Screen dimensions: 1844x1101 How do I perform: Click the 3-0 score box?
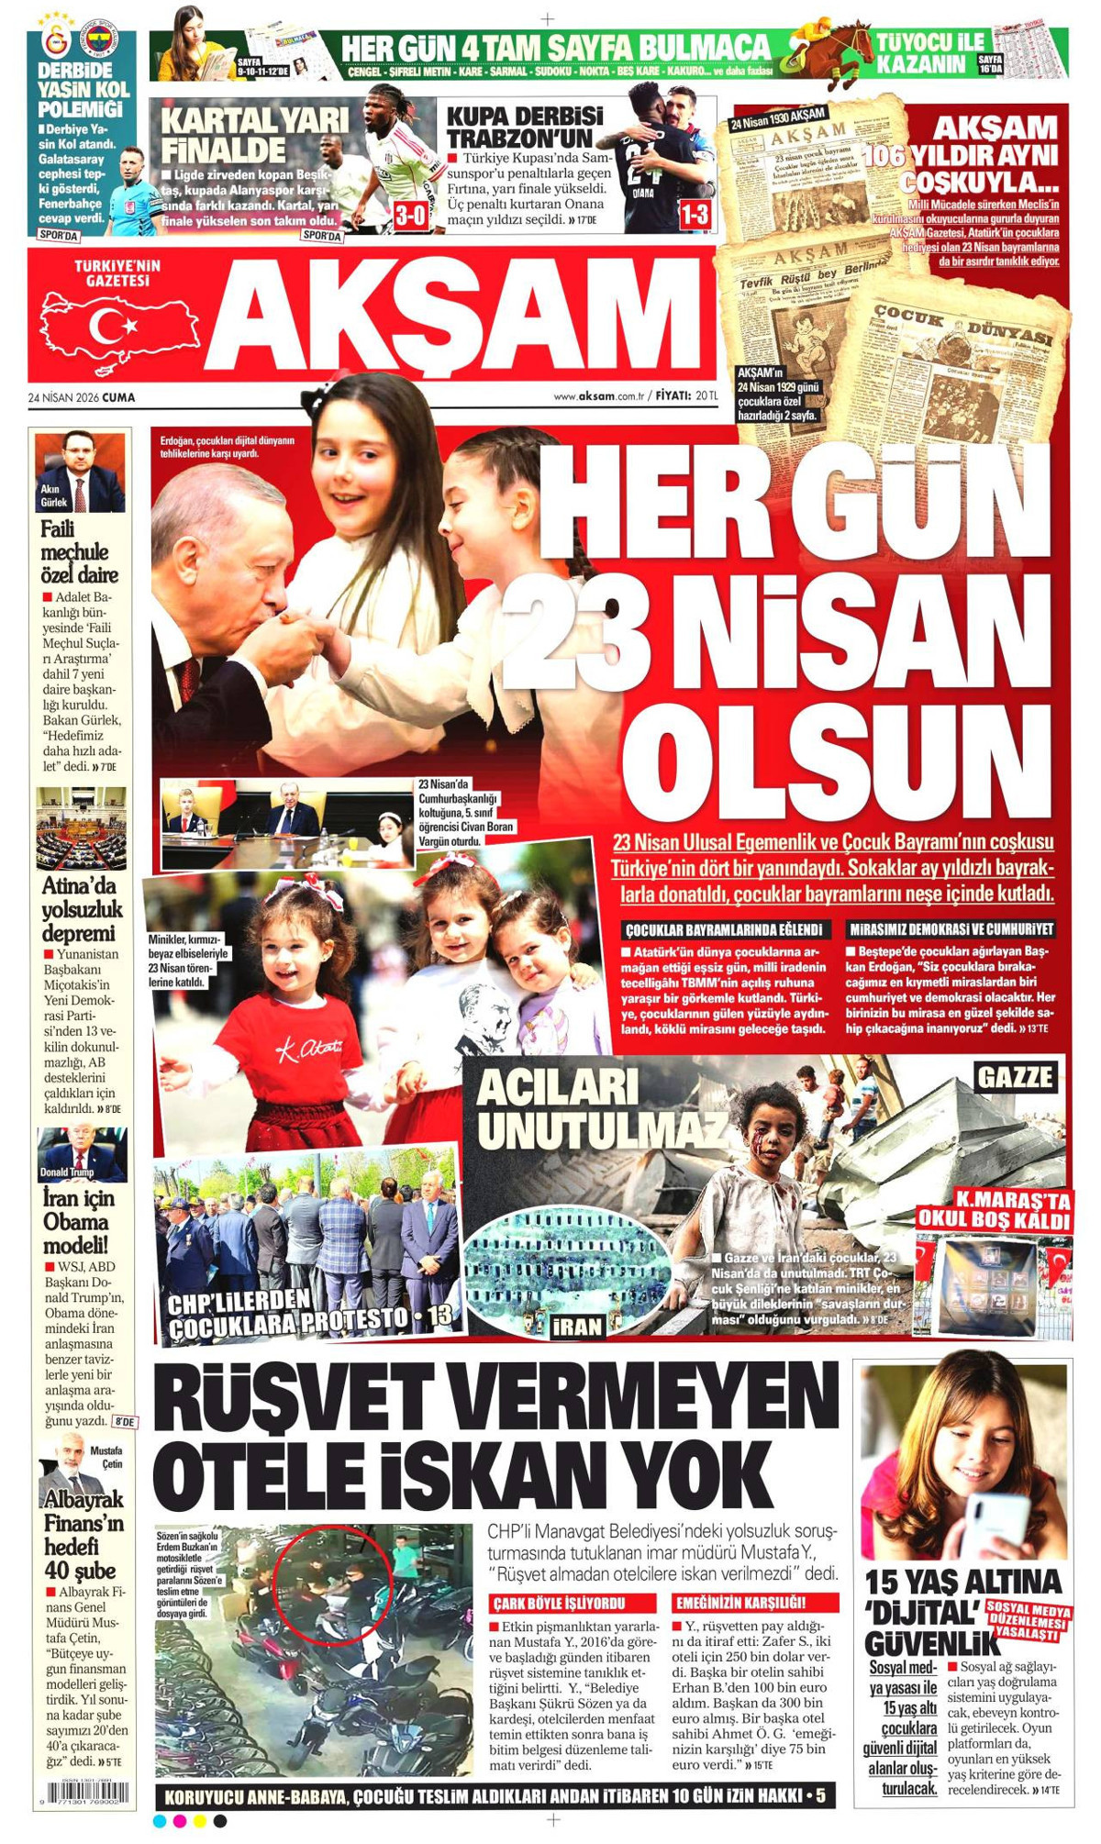[x=410, y=217]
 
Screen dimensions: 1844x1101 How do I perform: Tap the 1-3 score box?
[x=695, y=216]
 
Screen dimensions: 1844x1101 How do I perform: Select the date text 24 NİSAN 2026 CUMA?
[x=82, y=397]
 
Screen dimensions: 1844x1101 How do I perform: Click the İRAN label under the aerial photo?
[x=578, y=1326]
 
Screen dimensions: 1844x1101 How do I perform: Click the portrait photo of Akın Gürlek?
[x=81, y=472]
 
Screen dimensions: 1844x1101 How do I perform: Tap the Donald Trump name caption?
[x=67, y=1172]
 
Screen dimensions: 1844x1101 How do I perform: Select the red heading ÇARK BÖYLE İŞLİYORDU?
[x=572, y=1603]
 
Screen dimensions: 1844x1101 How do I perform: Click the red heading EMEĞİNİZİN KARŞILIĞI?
[x=754, y=1603]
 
